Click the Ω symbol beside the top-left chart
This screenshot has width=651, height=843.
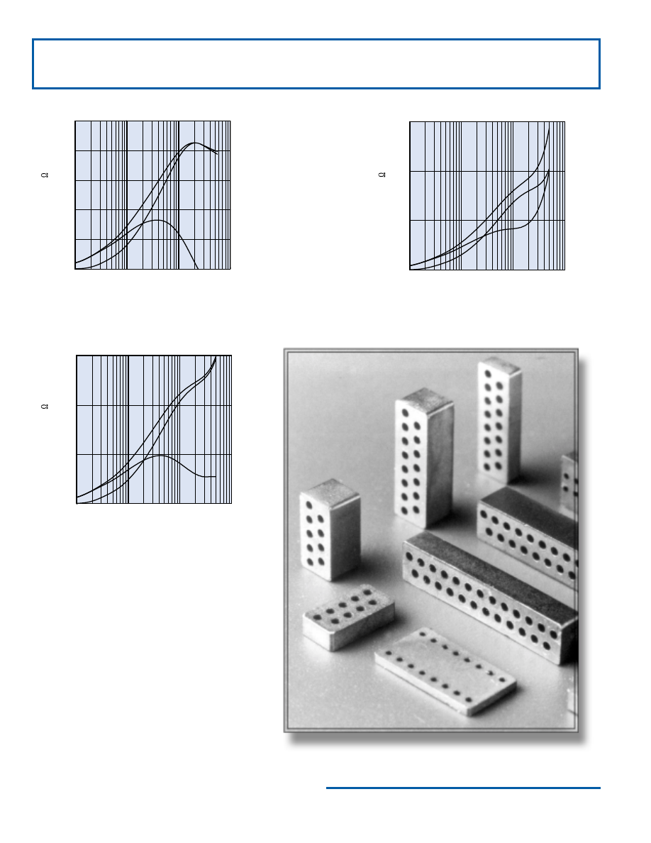tap(45, 175)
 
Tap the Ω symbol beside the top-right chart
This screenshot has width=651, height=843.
tap(382, 175)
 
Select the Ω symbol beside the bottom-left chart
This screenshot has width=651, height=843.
tap(45, 407)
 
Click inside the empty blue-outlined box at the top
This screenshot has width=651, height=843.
tap(316, 64)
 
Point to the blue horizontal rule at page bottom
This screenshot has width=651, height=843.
tap(463, 788)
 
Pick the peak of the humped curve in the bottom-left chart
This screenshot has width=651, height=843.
tap(160, 456)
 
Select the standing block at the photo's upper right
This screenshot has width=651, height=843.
tap(499, 420)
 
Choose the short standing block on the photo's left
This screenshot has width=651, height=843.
tap(330, 529)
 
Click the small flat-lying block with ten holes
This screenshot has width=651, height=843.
tap(349, 617)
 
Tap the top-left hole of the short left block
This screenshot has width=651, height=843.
tap(309, 505)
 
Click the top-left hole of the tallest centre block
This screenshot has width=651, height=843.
tap(404, 412)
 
